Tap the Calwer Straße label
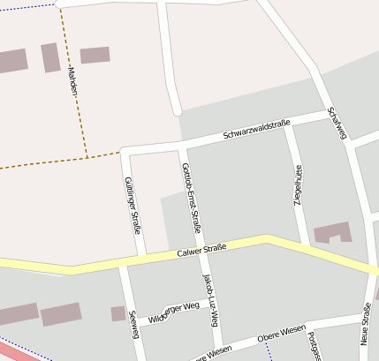click(201, 250)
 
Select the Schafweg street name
click(337, 124)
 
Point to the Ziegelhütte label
click(298, 185)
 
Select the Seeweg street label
click(133, 324)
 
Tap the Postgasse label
click(313, 346)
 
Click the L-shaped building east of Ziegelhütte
click(333, 232)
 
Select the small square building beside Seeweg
click(117, 313)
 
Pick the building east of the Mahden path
click(95, 55)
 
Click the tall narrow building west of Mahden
click(49, 57)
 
